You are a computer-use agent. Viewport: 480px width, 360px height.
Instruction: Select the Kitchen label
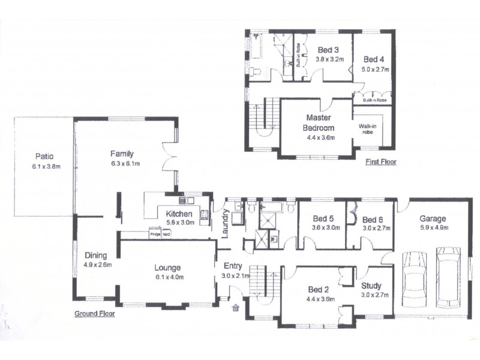pyautogui.click(x=179, y=214)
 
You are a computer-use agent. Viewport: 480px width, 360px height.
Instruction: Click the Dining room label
pyautogui.click(x=95, y=254)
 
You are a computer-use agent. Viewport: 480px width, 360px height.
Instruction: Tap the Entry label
pyautogui.click(x=233, y=266)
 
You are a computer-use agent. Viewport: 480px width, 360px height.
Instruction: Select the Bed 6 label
pyautogui.click(x=373, y=219)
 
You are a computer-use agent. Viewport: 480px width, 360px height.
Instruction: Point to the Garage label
pyautogui.click(x=432, y=218)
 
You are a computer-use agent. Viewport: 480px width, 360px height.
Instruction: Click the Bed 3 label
pyautogui.click(x=328, y=50)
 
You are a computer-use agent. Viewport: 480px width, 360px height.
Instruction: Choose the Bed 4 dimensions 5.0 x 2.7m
pyautogui.click(x=375, y=70)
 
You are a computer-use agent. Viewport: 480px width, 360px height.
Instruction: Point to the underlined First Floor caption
pyautogui.click(x=380, y=161)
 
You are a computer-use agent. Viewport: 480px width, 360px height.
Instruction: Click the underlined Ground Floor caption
pyautogui.click(x=94, y=314)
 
